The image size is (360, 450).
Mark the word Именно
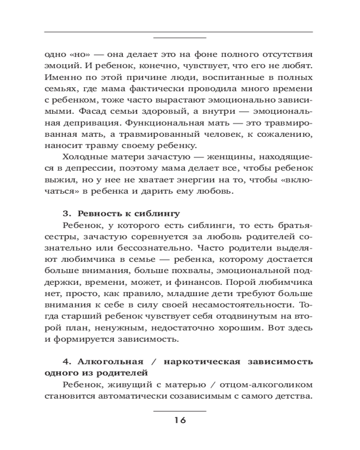pos(60,77)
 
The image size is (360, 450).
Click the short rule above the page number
pos(180,411)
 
